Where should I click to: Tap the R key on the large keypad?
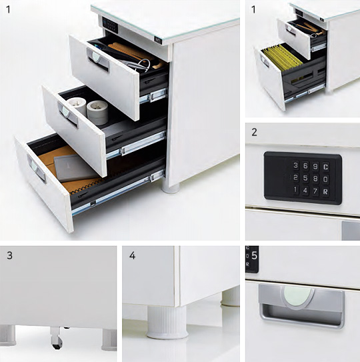tap(325, 191)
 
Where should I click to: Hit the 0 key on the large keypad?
tap(325, 179)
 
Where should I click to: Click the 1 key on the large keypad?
tap(295, 190)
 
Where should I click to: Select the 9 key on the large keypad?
tap(315, 167)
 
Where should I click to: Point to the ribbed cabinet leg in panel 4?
tap(167, 323)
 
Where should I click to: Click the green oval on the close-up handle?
tap(297, 297)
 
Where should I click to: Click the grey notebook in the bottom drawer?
tap(75, 168)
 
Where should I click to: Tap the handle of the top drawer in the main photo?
tap(98, 59)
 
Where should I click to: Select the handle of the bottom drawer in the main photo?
tap(36, 169)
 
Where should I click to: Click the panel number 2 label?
tap(254, 132)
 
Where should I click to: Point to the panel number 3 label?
tap(9, 255)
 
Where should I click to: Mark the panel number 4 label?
tap(132, 255)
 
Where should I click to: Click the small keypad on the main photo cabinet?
tap(110, 25)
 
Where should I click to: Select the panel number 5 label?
tap(254, 255)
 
